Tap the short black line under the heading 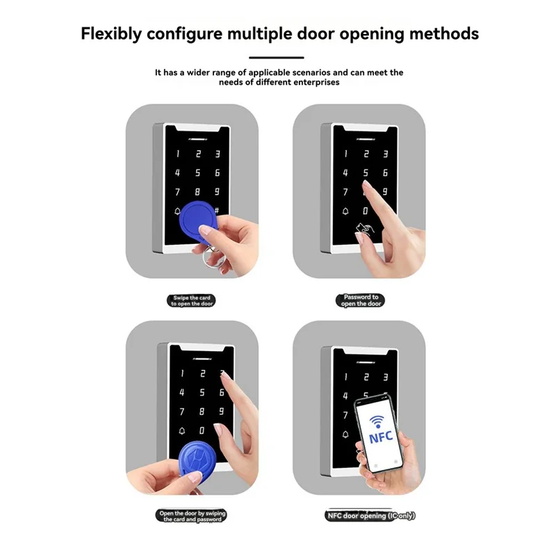[277, 58]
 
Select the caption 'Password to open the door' [361, 300]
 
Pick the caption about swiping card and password [193, 516]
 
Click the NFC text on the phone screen [380, 439]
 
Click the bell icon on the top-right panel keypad [345, 211]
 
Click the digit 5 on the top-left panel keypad [197, 173]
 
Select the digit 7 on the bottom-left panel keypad [182, 411]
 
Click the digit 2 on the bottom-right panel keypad [366, 374]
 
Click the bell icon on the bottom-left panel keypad [182, 431]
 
